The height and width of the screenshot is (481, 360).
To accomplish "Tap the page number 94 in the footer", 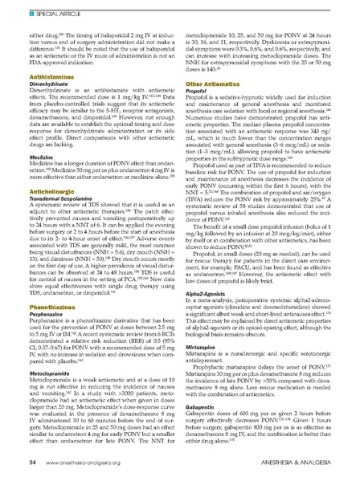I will click(23, 464).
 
